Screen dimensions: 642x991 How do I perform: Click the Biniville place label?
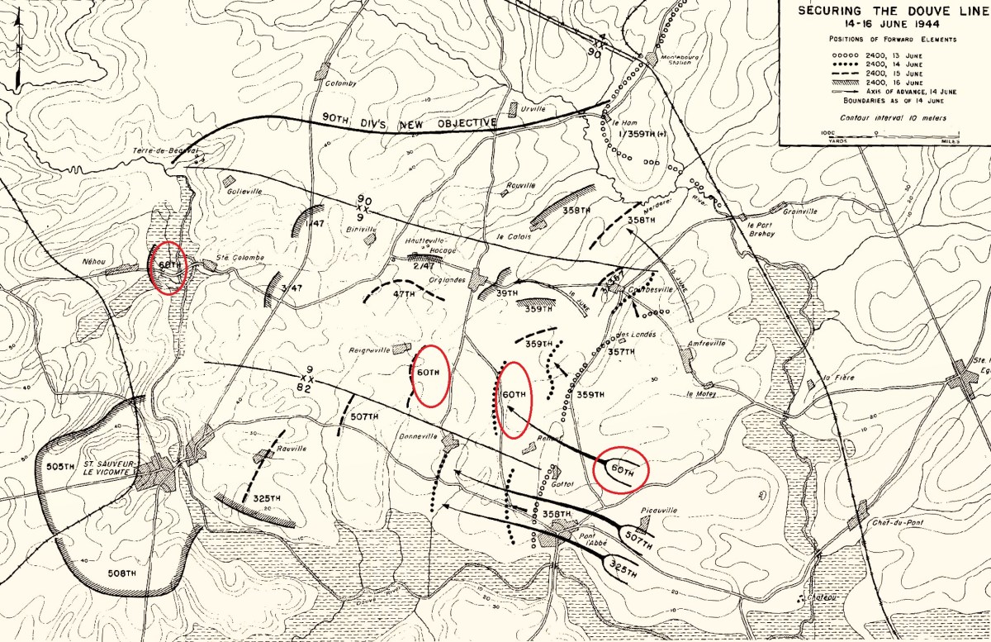tap(361, 228)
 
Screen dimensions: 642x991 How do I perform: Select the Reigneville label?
tap(369, 350)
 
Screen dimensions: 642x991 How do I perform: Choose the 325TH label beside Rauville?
tap(267, 498)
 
